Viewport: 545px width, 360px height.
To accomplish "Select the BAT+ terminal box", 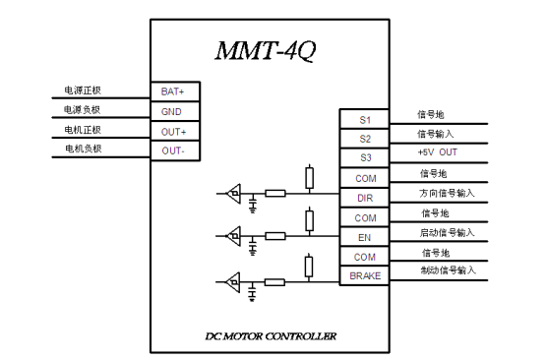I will tap(173, 90).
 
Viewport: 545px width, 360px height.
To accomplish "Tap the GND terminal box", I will tap(173, 110).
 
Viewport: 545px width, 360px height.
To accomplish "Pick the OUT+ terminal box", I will tap(173, 130).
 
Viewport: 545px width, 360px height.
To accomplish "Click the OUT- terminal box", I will tap(173, 150).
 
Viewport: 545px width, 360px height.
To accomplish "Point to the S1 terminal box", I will tap(365, 120).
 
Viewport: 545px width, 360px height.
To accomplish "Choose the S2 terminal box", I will tap(365, 139).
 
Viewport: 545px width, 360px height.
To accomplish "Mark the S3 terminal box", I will tap(365, 158).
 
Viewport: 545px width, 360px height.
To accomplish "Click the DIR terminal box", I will tap(365, 198).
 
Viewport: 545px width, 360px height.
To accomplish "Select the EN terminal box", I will tap(365, 237).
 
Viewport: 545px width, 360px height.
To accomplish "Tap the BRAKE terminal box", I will tap(365, 276).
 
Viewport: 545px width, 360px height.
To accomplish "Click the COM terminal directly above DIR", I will tap(365, 178).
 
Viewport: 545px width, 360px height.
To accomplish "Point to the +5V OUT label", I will tap(438, 152).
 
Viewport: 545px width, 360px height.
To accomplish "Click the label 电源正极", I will tap(83, 90).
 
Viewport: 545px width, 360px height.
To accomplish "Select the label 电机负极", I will tap(83, 149).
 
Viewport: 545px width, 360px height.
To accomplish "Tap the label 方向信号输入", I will tap(446, 193).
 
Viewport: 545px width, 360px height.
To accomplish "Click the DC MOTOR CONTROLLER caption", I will tap(271, 336).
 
